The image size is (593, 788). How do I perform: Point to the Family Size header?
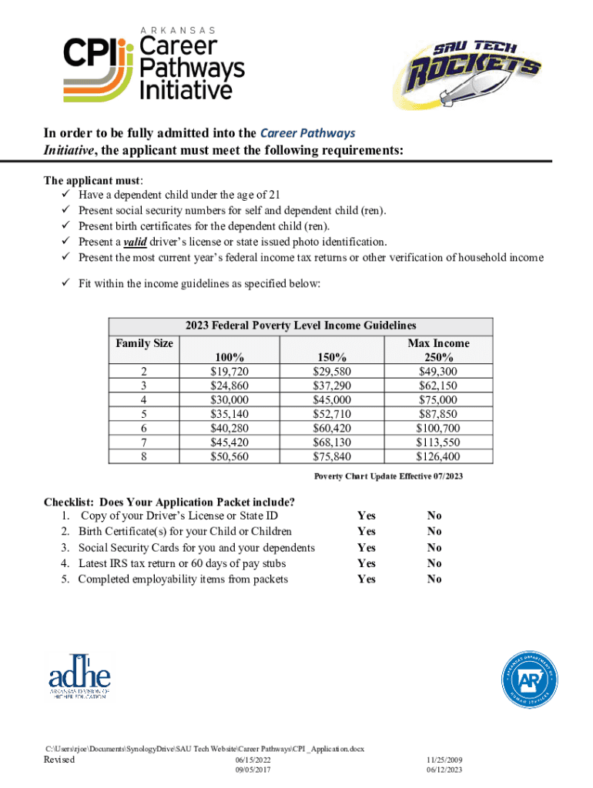[144, 343]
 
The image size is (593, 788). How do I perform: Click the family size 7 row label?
[144, 442]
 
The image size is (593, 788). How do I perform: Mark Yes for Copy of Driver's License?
[367, 516]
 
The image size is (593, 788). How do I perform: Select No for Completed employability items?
[434, 579]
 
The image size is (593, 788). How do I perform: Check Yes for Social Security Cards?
[367, 548]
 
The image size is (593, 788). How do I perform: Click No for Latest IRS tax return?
[434, 563]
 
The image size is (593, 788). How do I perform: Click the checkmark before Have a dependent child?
[65, 194]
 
